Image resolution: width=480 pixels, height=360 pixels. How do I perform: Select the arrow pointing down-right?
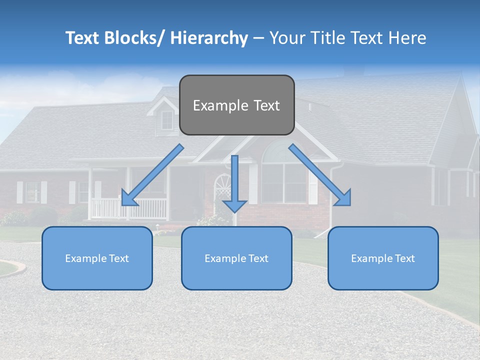[x=320, y=175]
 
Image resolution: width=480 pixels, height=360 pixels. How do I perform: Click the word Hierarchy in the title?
[x=209, y=38]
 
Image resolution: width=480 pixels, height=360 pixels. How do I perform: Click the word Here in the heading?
[x=406, y=38]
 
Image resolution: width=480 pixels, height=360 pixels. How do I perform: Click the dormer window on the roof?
[x=167, y=120]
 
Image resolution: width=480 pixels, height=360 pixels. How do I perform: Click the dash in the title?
[x=258, y=38]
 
